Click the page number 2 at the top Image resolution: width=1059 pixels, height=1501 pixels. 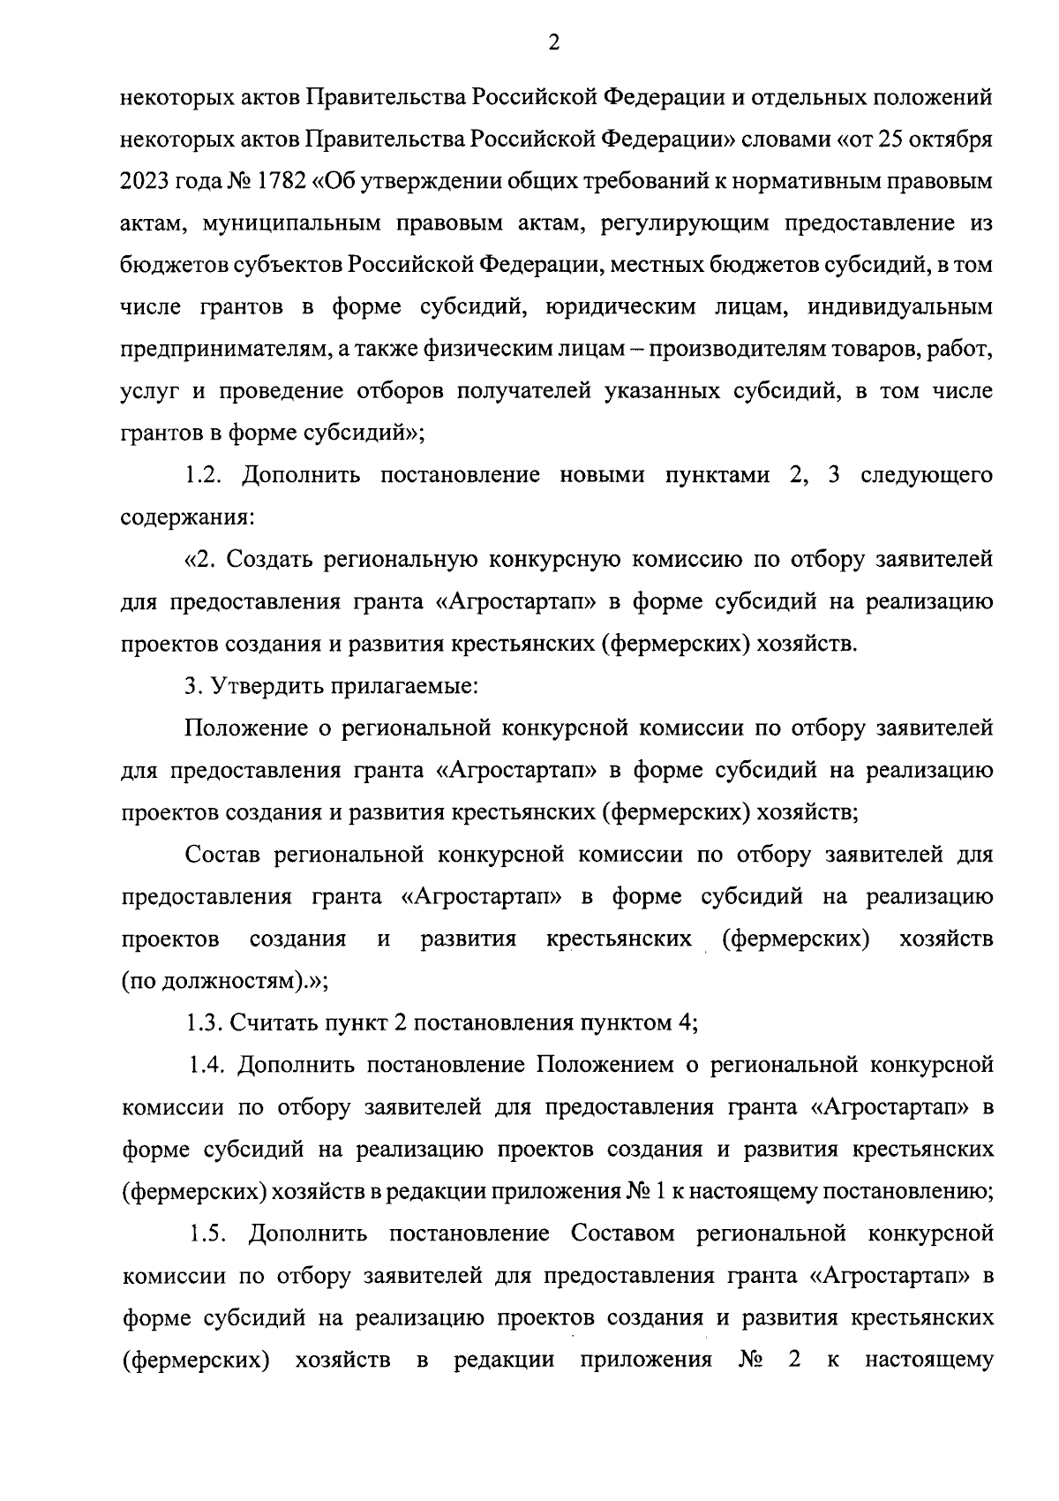pos(553,42)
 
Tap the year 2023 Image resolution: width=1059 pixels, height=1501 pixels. pos(146,181)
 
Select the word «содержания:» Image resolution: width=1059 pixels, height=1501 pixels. pos(188,517)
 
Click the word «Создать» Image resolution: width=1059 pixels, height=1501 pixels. pos(273,560)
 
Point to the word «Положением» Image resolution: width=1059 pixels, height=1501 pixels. pos(603,1065)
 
